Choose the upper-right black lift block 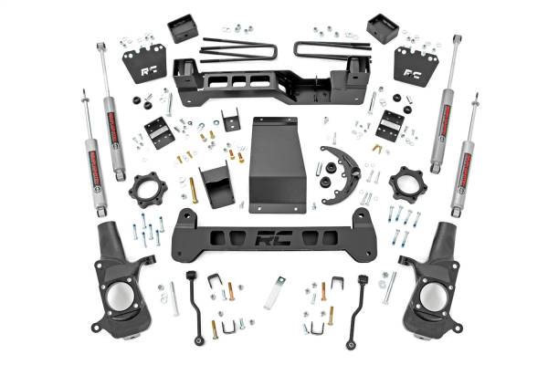(381, 28)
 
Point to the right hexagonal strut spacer (406, 187)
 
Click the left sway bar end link (194, 306)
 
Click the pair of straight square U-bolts (235, 46)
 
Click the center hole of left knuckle (119, 296)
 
